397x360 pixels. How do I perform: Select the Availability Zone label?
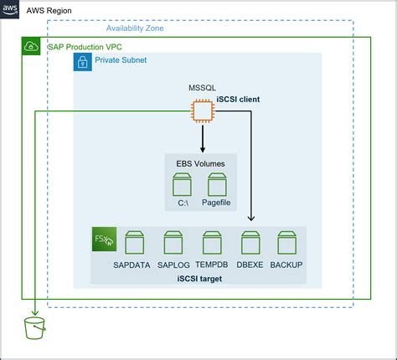pyautogui.click(x=146, y=28)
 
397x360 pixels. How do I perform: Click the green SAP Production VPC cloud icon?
pyautogui.click(x=29, y=48)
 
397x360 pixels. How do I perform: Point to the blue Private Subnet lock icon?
pyautogui.click(x=83, y=62)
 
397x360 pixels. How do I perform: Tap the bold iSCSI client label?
pyautogui.click(x=239, y=100)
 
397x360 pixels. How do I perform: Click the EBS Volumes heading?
pyautogui.click(x=200, y=162)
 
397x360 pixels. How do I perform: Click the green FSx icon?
pyautogui.click(x=105, y=239)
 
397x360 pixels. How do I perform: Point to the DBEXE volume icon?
pyautogui.click(x=250, y=244)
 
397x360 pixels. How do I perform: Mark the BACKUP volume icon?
pyautogui.click(x=286, y=244)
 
